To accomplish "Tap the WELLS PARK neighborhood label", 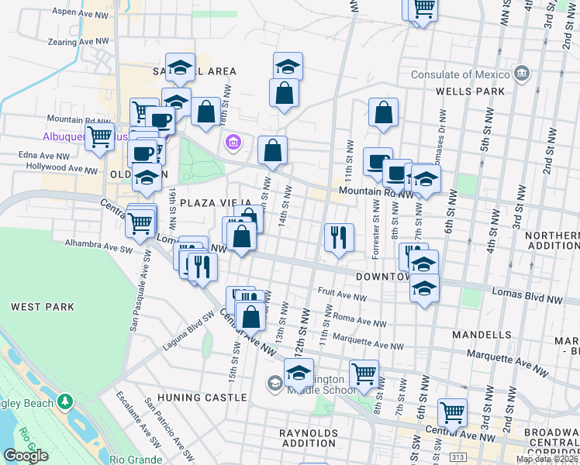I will (x=470, y=91).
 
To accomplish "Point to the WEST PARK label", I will (x=43, y=307).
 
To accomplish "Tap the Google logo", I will (x=25, y=456).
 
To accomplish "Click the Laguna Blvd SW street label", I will (x=188, y=330).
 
